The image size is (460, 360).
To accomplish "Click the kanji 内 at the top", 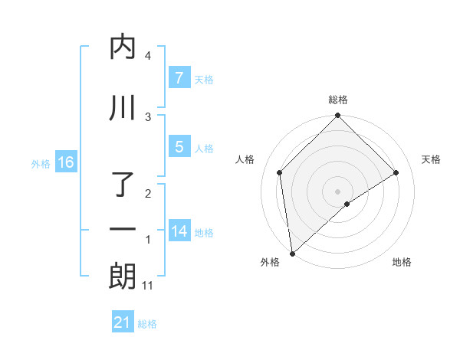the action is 123,47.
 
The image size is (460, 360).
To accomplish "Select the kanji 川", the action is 123,108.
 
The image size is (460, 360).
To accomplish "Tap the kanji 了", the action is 123,185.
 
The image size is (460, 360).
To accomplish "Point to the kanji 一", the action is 123,230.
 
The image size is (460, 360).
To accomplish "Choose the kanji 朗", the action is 123,277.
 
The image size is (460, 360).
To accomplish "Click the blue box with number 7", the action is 179,78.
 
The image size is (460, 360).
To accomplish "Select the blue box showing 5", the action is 179,147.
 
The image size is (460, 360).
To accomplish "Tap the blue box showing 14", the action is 179,231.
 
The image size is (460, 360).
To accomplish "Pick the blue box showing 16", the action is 65,162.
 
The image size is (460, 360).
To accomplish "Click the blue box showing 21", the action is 123,322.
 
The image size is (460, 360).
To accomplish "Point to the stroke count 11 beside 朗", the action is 148,286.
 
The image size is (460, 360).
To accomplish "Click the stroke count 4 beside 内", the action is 148,56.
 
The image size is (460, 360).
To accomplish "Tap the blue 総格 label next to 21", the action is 147,324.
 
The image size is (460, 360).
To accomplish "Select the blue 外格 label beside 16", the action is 41,163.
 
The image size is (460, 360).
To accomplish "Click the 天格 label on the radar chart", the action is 431,159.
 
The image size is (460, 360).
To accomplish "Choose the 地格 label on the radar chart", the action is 402,262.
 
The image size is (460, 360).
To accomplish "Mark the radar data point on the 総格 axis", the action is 337,116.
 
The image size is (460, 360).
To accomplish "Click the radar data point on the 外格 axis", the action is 292,253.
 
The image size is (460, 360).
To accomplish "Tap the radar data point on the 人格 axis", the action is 280,172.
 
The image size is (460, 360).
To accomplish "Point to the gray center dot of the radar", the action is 337,191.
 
